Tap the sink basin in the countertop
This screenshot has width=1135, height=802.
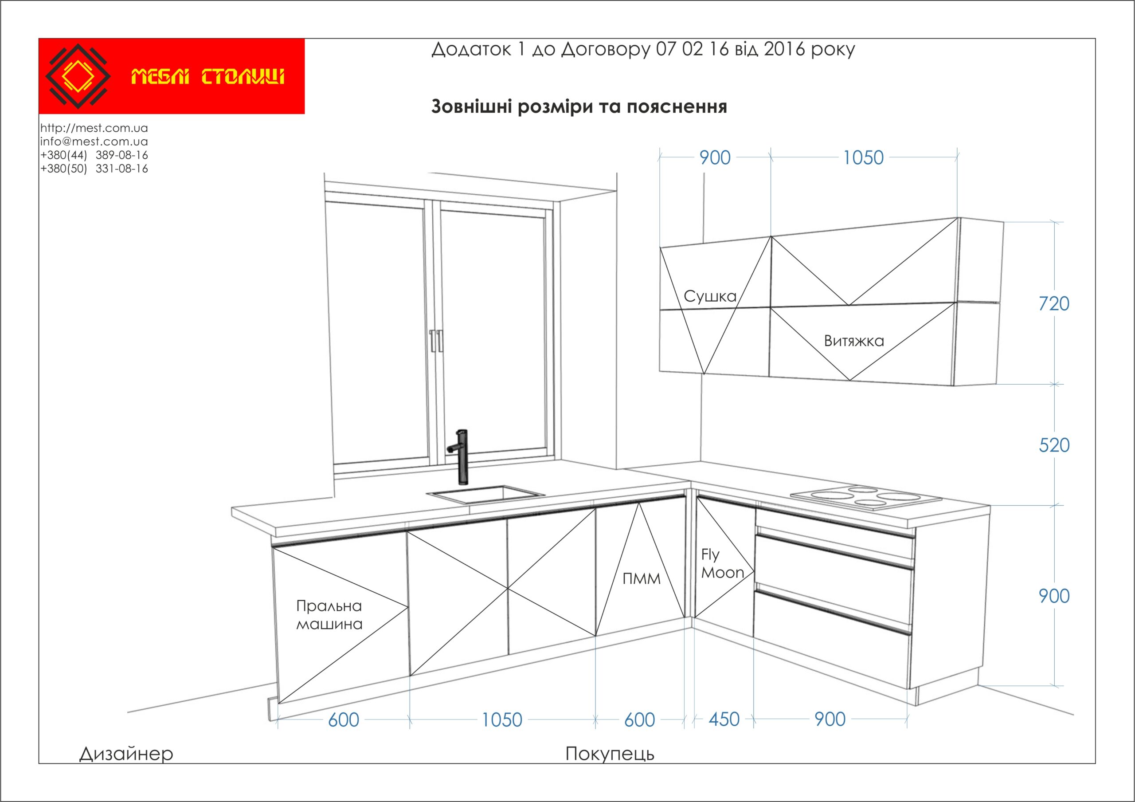click(485, 495)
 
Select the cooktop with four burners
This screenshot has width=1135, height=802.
click(865, 496)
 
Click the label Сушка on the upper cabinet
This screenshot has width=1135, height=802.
click(710, 297)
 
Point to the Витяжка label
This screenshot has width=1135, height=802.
click(854, 341)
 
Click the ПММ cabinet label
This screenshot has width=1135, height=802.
click(641, 579)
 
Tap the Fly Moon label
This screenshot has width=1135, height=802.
click(722, 564)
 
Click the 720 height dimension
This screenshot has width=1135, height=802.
click(1053, 303)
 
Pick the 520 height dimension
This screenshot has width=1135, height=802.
click(1054, 445)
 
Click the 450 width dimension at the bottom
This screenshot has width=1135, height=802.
click(724, 719)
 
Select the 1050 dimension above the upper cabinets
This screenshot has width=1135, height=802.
click(863, 158)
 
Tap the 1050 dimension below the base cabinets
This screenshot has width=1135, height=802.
click(502, 720)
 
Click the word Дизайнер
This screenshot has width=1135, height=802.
click(126, 754)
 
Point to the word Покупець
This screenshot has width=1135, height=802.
click(610, 754)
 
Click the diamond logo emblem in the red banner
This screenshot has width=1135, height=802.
click(78, 76)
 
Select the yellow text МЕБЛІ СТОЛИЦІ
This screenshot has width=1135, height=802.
click(207, 77)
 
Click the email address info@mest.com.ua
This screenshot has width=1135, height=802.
click(94, 142)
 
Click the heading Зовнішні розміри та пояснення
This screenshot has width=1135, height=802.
click(579, 107)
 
